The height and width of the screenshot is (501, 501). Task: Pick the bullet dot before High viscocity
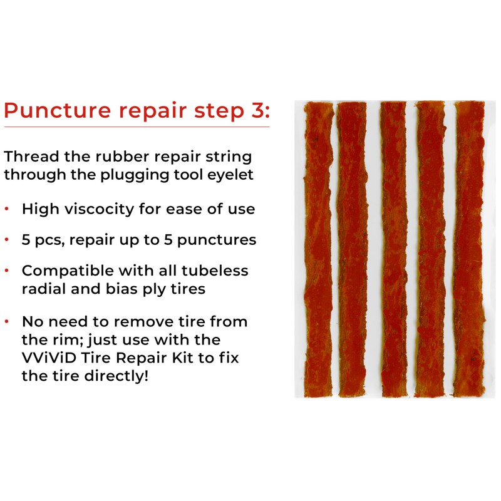[x=7, y=209]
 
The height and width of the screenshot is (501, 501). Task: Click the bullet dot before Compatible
[x=7, y=271]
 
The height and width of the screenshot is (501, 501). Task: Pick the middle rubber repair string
[x=393, y=250]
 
